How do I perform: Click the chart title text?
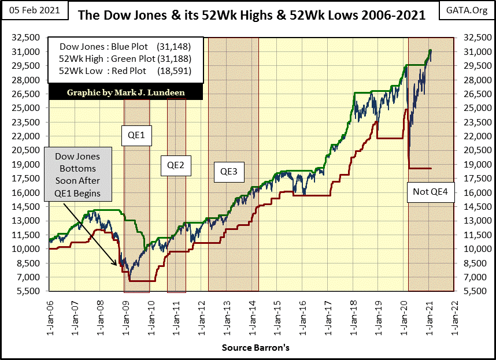pos(251,15)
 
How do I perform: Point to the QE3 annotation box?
pos(229,171)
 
